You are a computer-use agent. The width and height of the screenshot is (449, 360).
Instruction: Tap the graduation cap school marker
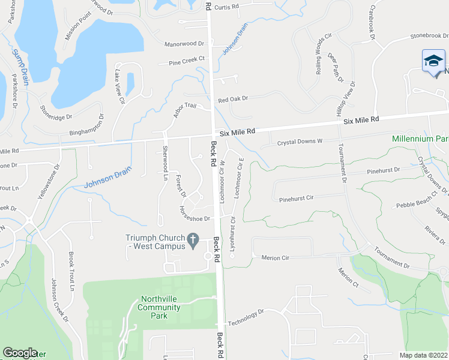click(433, 61)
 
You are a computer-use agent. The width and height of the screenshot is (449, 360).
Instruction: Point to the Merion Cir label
click(276, 258)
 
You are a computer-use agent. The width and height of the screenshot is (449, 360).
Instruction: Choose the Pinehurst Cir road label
click(297, 197)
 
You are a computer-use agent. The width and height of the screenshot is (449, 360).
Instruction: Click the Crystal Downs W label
click(300, 142)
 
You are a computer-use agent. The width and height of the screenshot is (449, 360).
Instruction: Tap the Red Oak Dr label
click(233, 100)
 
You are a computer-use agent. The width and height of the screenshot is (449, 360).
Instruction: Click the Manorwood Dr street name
click(184, 44)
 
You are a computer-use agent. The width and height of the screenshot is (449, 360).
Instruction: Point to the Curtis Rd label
click(226, 7)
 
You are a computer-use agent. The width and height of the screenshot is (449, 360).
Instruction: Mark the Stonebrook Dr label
click(429, 35)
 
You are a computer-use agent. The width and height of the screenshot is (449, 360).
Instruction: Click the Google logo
click(20, 353)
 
